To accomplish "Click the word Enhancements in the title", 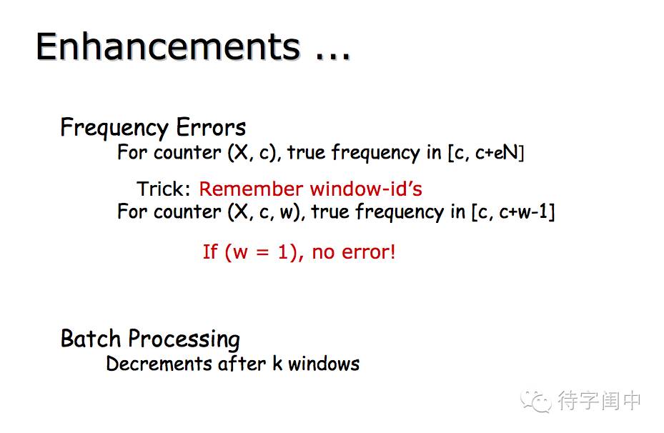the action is [169, 46].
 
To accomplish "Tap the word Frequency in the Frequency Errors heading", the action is [114, 128].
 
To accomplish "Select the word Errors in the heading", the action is [211, 127].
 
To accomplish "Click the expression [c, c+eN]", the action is [486, 153].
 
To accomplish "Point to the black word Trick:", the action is [164, 189].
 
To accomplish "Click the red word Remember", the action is [251, 189].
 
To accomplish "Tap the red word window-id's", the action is [366, 189].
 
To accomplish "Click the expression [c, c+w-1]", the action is [513, 212].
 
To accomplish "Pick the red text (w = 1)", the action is [253, 252].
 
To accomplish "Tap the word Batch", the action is [91, 339].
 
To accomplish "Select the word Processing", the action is [184, 339].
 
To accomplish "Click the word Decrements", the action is [159, 364].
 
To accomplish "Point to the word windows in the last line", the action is [324, 364].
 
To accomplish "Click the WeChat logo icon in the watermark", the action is [536, 400].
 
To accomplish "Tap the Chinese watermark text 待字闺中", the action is [599, 400].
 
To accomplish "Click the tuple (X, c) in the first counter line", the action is [254, 153].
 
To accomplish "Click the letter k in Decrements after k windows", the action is [277, 364].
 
